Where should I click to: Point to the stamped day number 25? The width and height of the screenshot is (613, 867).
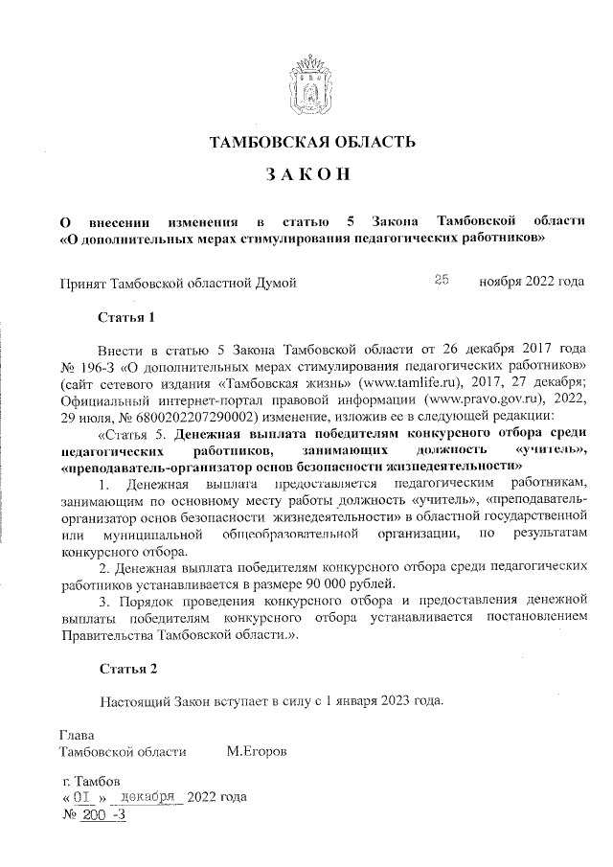[x=442, y=281]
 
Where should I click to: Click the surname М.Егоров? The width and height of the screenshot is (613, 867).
[x=256, y=751]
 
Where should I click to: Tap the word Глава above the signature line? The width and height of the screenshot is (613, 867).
[x=78, y=735]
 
